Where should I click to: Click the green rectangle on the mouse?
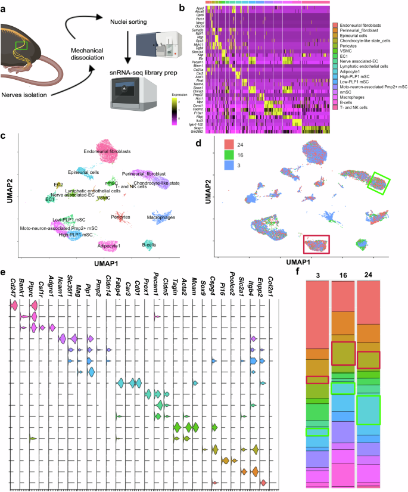tap(21, 45)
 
